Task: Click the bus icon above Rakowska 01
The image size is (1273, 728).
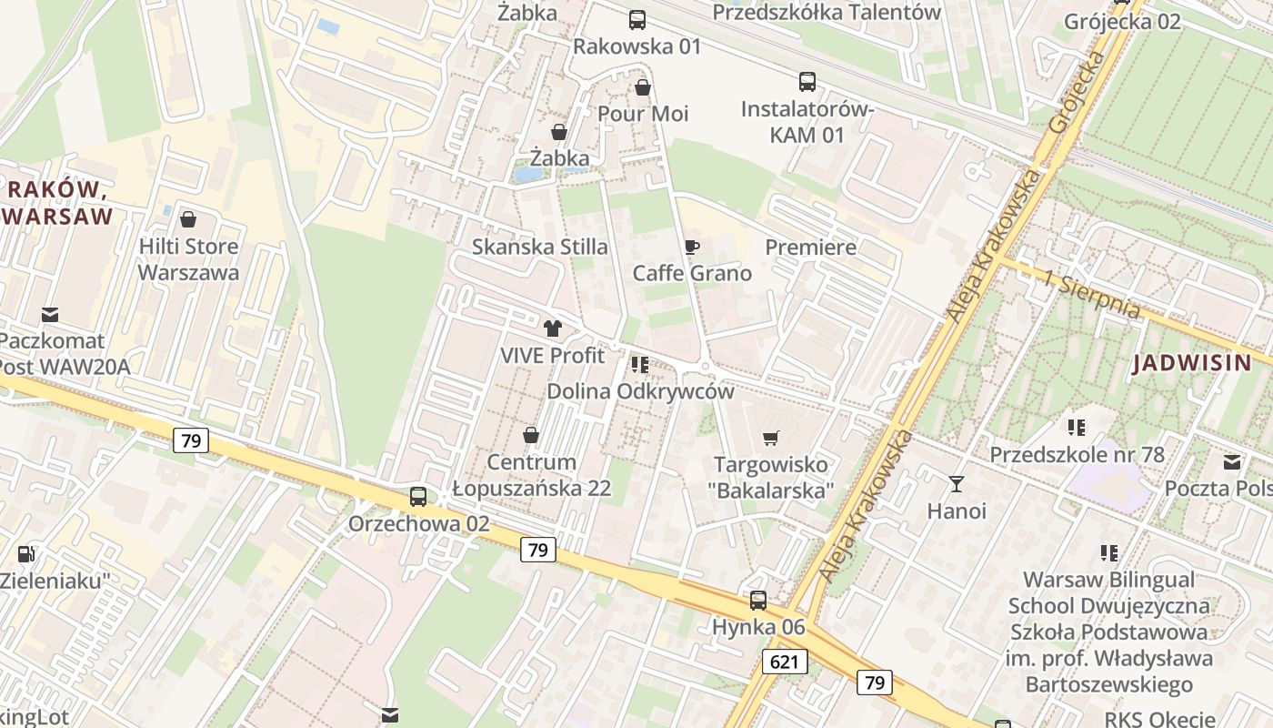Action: [x=637, y=19]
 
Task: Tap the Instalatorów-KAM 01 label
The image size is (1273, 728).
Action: [x=807, y=122]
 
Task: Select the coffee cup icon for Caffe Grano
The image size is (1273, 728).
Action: [x=692, y=247]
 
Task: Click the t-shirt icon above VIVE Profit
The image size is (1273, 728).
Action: [x=552, y=329]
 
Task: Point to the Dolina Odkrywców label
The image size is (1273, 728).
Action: [x=640, y=391]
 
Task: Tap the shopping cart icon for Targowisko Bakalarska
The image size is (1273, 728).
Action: [x=771, y=438]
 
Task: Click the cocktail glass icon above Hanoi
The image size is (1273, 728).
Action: [x=956, y=483]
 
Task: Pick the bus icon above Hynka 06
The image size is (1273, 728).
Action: [x=758, y=601]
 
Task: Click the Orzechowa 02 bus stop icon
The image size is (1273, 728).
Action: [x=418, y=497]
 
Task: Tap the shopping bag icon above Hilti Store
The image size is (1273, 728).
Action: [x=188, y=219]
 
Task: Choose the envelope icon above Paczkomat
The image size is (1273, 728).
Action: [x=50, y=315]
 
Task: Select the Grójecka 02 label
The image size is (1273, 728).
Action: [x=1122, y=21]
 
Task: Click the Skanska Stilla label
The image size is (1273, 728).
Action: [x=540, y=247]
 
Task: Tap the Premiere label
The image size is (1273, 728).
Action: [x=811, y=247]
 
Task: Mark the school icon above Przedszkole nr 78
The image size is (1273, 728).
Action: [x=1077, y=427]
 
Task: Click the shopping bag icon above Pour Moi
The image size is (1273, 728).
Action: [x=643, y=87]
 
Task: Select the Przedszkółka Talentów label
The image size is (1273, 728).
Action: [x=827, y=12]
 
